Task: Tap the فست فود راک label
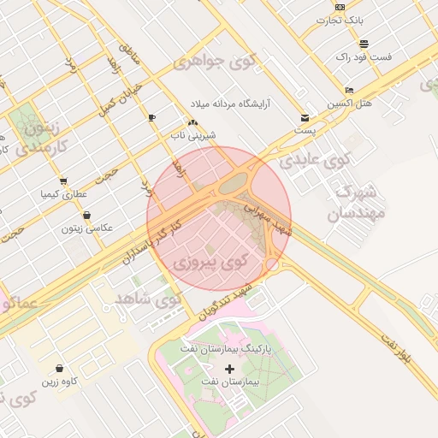(364, 56)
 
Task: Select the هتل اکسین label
(350, 103)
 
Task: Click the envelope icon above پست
(305, 117)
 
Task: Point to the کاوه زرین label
(60, 381)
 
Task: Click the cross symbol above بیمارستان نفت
(229, 368)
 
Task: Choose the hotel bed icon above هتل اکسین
(349, 90)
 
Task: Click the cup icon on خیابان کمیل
(151, 117)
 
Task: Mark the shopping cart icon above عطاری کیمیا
(63, 181)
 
